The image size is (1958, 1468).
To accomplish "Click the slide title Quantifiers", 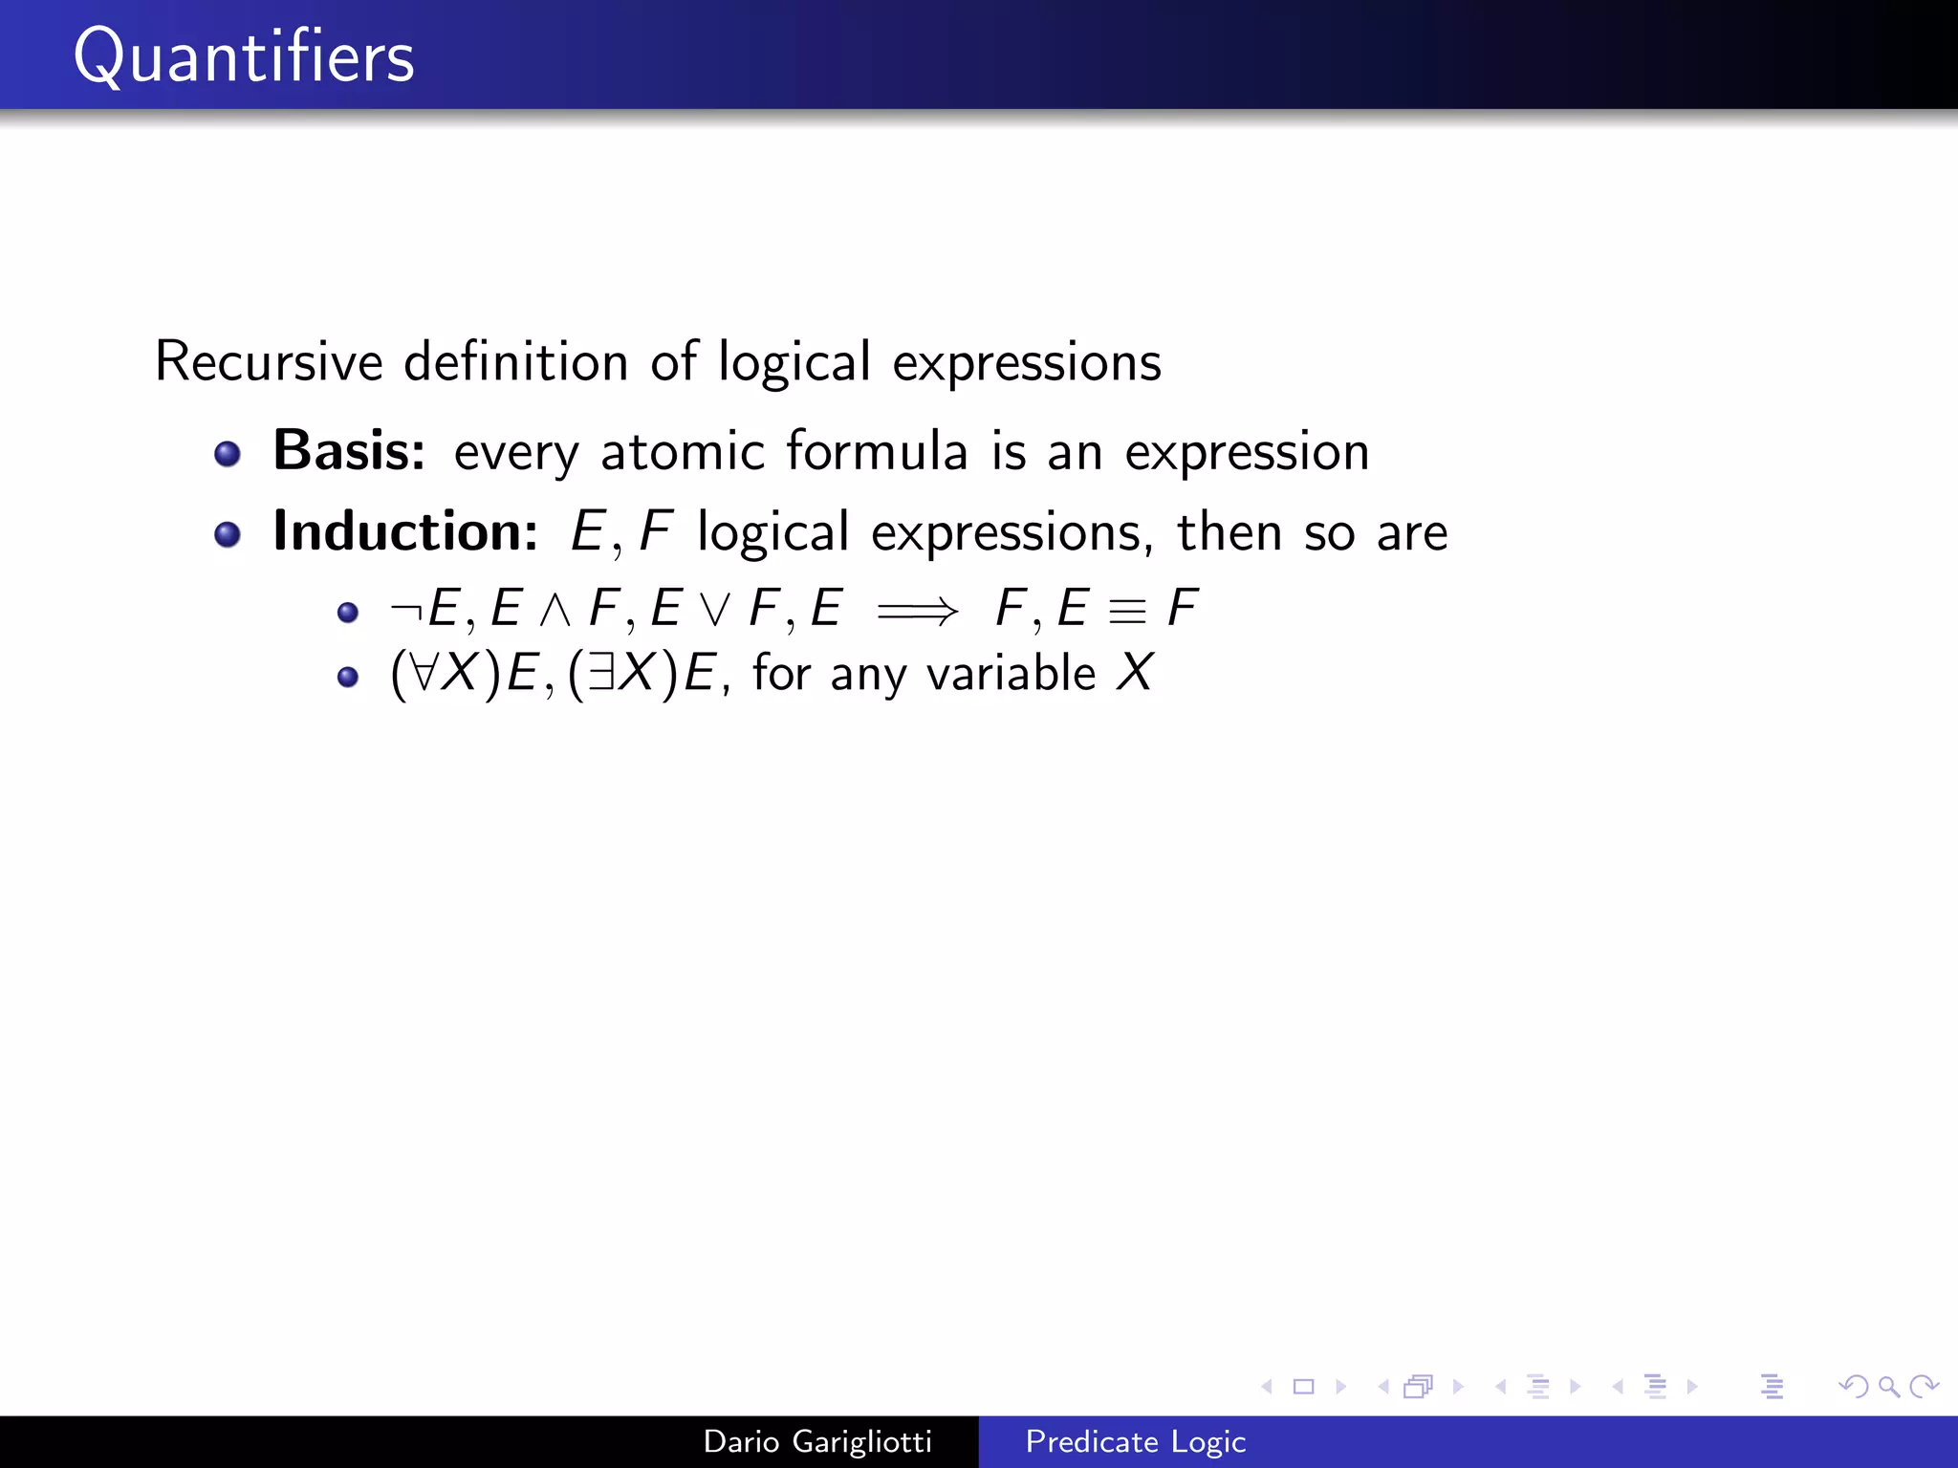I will [x=244, y=57].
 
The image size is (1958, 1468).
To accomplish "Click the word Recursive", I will [x=269, y=362].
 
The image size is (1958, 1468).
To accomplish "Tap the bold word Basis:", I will [x=349, y=450].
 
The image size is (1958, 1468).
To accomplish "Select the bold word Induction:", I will [x=405, y=531].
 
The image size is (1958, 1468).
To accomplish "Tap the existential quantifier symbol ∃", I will [x=600, y=673].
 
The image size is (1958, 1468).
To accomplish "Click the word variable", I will [x=1011, y=673].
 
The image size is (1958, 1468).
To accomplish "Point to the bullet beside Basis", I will [x=228, y=453].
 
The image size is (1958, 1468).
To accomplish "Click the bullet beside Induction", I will [x=228, y=534].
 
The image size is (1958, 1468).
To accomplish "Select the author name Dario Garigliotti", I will [x=817, y=1441].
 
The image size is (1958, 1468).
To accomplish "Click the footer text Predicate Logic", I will [x=1135, y=1441].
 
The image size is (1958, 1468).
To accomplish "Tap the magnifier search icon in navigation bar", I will [x=1888, y=1386].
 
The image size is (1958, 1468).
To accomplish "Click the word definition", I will [x=515, y=362].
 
